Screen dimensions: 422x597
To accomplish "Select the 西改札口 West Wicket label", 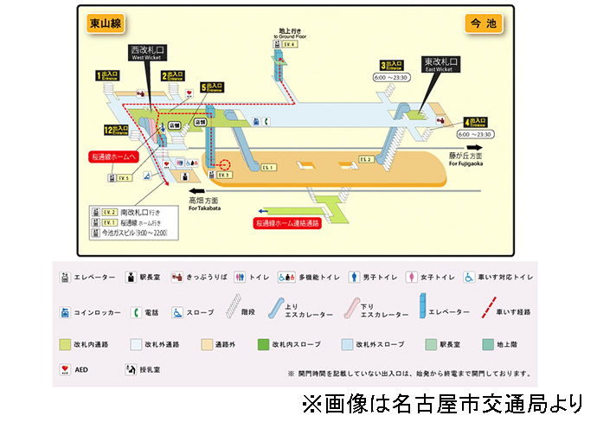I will click(x=146, y=52).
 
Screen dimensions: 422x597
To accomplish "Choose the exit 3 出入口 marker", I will click(x=393, y=65).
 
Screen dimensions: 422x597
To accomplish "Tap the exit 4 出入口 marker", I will click(x=478, y=123).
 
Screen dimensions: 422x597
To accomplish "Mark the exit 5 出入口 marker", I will click(x=212, y=87).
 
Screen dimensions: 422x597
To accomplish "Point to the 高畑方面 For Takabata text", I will click(x=208, y=205).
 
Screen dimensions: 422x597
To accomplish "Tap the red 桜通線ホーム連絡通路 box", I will click(x=287, y=223).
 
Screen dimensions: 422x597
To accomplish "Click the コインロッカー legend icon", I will click(x=65, y=312).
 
